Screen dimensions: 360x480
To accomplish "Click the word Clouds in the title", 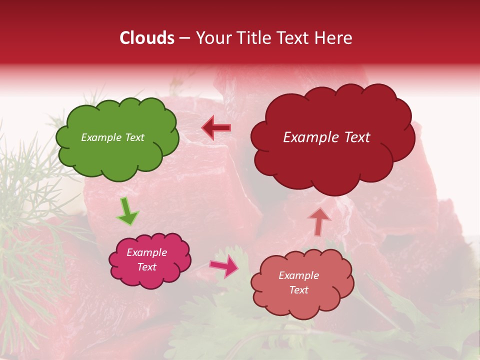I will (147, 38).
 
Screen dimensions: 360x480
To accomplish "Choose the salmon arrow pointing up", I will (319, 221).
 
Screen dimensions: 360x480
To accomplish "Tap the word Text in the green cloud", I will (134, 137).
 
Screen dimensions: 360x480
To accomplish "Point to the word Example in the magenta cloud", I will (146, 252).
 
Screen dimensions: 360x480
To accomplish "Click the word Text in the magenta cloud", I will (146, 267).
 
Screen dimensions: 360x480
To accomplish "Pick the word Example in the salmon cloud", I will (298, 275).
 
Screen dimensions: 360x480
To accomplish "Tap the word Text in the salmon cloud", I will (298, 290).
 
